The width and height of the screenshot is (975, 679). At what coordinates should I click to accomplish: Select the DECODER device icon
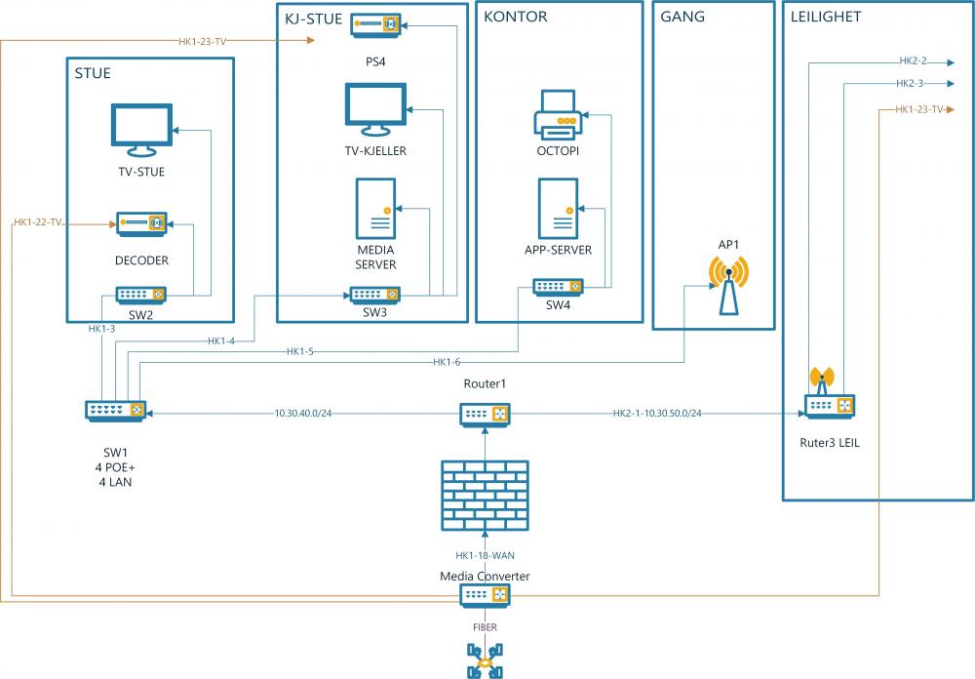tap(141, 224)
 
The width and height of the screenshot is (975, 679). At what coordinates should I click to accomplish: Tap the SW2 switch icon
tap(141, 295)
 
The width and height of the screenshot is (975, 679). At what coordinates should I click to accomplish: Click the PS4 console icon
tap(376, 23)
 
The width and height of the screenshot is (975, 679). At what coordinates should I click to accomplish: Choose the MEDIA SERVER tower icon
tap(375, 209)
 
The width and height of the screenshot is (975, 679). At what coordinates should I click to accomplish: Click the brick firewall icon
tap(485, 496)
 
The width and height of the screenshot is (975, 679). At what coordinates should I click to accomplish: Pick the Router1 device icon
tap(485, 415)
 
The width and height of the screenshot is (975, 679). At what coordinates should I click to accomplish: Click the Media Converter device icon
tap(485, 594)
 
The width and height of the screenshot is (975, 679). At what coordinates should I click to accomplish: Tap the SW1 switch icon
tap(115, 411)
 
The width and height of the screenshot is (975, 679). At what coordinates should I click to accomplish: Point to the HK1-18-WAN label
tap(485, 555)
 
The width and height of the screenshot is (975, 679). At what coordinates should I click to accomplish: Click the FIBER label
tap(485, 629)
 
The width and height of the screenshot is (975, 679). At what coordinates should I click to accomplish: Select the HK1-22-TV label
tap(39, 223)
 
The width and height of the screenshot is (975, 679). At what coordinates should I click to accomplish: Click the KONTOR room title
tap(516, 17)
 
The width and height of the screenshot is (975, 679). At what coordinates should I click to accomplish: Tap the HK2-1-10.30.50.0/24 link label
tap(657, 414)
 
